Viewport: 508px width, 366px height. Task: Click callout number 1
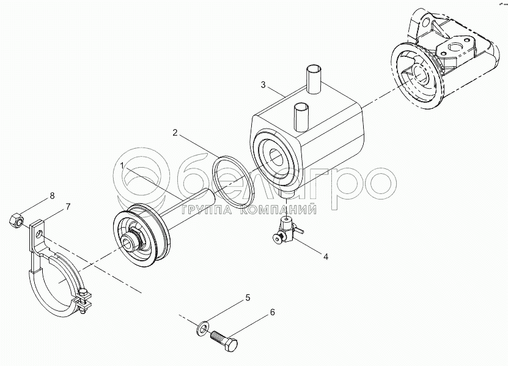click(122, 165)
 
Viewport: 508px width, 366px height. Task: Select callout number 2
click(175, 133)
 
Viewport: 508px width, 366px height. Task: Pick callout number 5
click(248, 297)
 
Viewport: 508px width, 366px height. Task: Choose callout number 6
click(272, 312)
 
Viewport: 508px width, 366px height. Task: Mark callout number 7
click(68, 207)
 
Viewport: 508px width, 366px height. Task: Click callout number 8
click(52, 196)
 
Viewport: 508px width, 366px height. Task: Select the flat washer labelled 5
click(202, 329)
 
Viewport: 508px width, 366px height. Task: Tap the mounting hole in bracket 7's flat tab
click(39, 234)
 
